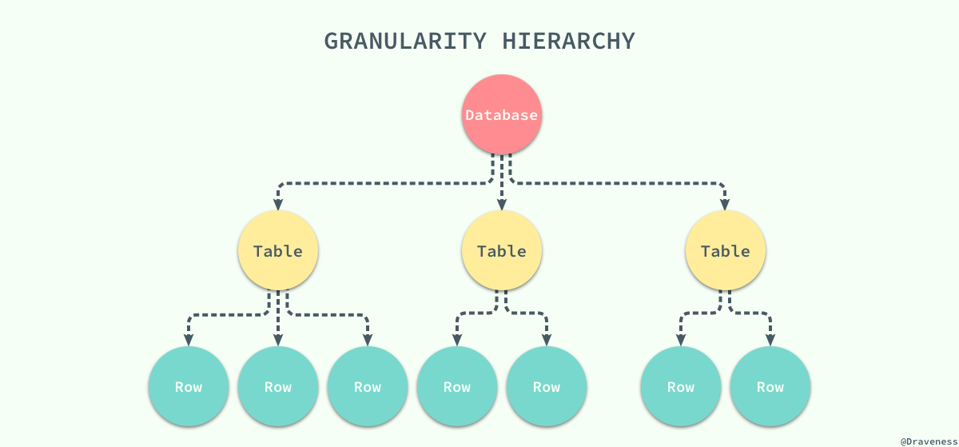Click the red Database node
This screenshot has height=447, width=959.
[x=502, y=114]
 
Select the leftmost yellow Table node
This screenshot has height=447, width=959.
[x=278, y=251]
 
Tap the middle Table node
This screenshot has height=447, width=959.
[x=502, y=251]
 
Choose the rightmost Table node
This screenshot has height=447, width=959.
[x=726, y=251]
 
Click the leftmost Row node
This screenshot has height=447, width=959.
[x=189, y=387]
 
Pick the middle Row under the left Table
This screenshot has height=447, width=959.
[x=278, y=387]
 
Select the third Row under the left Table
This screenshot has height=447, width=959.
[x=368, y=387]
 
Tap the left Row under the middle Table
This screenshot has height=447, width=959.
[x=457, y=387]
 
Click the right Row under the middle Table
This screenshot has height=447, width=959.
[x=547, y=387]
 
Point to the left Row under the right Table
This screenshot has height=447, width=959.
[x=681, y=387]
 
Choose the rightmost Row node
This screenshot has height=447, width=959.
[x=770, y=387]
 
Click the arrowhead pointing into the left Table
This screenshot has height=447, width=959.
[x=278, y=206]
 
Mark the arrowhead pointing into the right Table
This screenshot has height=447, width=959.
[x=726, y=206]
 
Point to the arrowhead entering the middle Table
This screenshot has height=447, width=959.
[x=502, y=206]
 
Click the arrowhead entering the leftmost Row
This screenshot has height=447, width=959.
[x=189, y=341]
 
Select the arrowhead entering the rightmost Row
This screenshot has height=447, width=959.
[x=770, y=341]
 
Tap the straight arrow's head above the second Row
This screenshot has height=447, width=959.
[x=278, y=341]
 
